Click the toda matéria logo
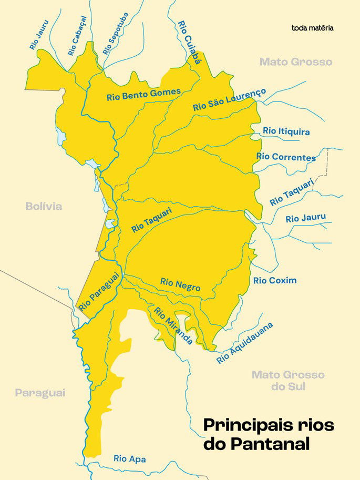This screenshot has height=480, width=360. tap(312, 27)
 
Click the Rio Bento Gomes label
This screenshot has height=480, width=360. tap(143, 95)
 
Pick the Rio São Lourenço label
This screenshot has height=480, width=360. tap(230, 99)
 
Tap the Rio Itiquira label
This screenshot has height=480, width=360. tap(286, 131)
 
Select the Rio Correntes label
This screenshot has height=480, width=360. tap(286, 157)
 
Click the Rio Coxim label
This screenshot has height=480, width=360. tap(275, 280)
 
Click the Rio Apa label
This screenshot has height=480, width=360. tap(130, 459)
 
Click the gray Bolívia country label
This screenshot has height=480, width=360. tap(44, 206)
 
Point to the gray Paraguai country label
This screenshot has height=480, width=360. tap(40, 393)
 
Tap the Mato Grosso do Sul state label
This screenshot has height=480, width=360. tap(288, 381)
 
